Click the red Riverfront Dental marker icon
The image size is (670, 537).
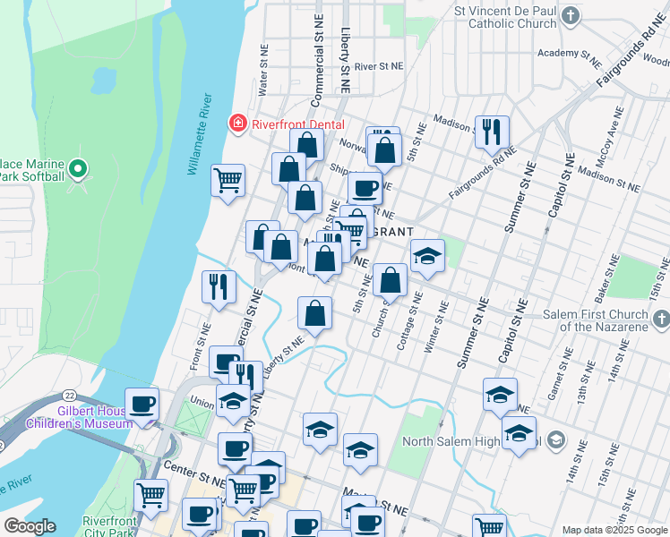point(237,123)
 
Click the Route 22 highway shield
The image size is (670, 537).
point(69,395)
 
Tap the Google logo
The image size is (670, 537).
point(29,526)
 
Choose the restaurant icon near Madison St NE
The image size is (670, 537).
point(491,132)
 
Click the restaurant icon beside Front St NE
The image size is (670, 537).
point(219,286)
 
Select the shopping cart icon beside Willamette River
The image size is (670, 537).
point(228,179)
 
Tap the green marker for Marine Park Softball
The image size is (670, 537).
point(79,168)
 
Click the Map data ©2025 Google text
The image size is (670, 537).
point(614,530)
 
